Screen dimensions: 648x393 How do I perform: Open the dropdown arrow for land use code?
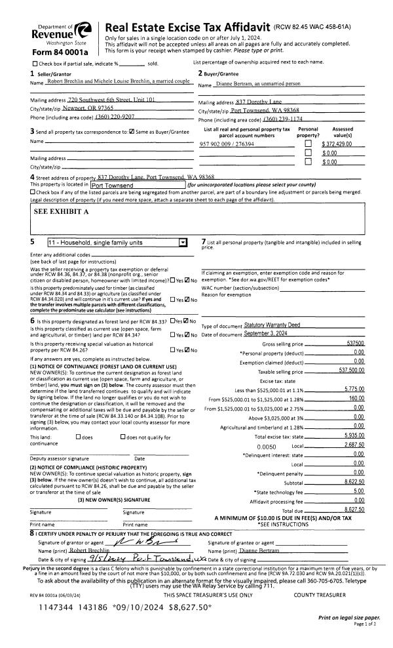click(x=182, y=241)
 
